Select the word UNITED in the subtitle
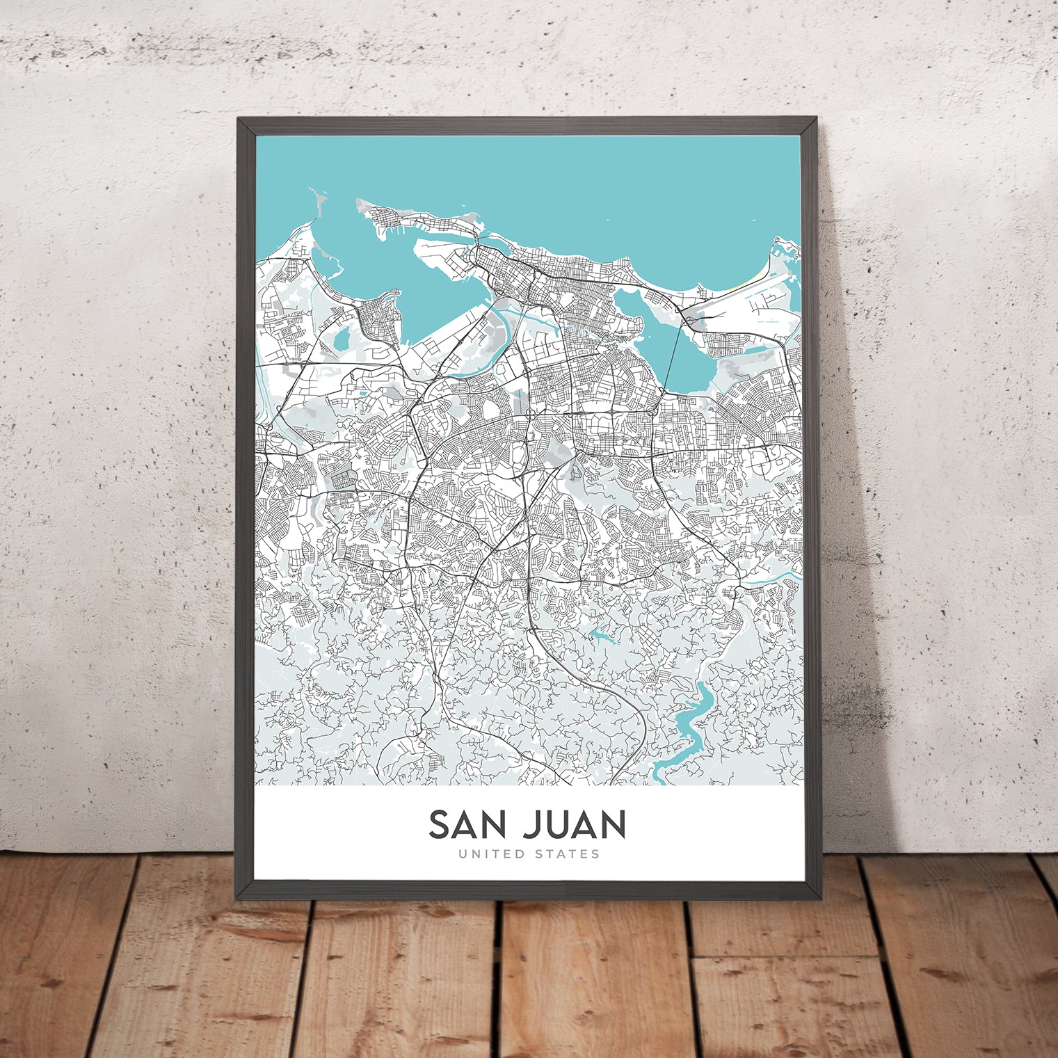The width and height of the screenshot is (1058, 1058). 489,853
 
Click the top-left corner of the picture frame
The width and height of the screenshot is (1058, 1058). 239,119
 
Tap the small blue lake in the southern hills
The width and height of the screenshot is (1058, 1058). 599,634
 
